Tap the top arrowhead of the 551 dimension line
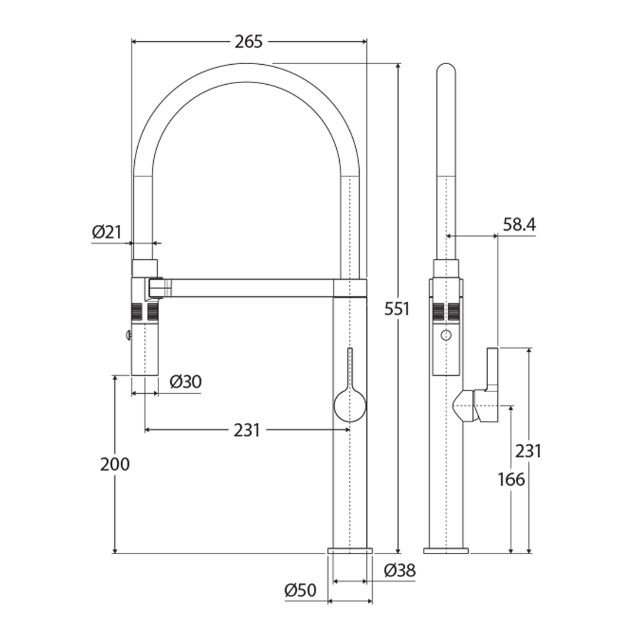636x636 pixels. pos(398,67)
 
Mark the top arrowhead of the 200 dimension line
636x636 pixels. pos(115,379)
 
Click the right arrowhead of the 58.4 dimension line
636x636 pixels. pos(495,235)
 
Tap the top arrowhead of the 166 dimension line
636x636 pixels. pos(511,409)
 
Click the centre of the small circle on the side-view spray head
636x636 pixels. pos(446,335)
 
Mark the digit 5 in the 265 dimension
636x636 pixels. pos(258,41)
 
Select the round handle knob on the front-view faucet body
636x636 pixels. pos(350,405)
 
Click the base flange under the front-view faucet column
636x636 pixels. pos(350,551)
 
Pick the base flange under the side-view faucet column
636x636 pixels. pos(446,551)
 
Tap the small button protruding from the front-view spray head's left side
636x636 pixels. pos(128,334)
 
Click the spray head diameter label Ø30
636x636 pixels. pos(185,382)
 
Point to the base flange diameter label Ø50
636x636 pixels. pos(300,590)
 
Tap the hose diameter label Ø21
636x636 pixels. pos(107,232)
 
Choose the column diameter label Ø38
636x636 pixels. pos(400,570)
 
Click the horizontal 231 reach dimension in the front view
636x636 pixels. pos(247,430)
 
